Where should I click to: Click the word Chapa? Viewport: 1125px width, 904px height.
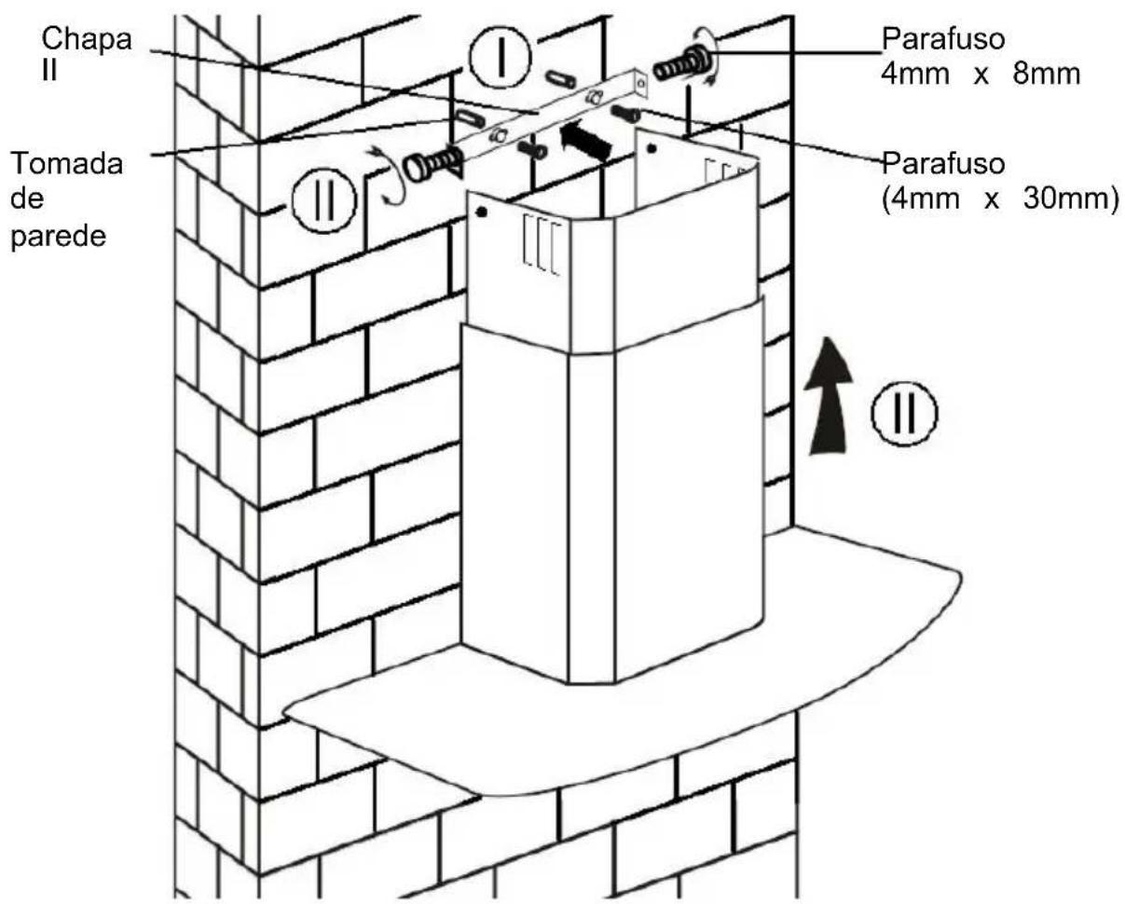pyautogui.click(x=87, y=41)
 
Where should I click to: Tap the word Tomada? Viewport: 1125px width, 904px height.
pyautogui.click(x=67, y=163)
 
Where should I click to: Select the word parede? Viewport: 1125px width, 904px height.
pyautogui.click(x=59, y=237)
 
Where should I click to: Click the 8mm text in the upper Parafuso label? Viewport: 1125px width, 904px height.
pyautogui.click(x=1046, y=74)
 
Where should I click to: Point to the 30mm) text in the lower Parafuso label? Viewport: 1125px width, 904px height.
pyautogui.click(x=1071, y=199)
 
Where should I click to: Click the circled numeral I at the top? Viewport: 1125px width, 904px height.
pyautogui.click(x=501, y=55)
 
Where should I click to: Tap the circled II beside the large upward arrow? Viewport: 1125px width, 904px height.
pyautogui.click(x=904, y=413)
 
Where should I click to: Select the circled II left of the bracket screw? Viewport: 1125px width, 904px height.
pyautogui.click(x=324, y=200)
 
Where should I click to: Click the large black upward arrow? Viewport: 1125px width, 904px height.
pyautogui.click(x=828, y=396)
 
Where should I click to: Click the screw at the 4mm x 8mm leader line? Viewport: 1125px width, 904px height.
pyautogui.click(x=681, y=65)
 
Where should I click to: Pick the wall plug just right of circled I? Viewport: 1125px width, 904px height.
pyautogui.click(x=561, y=79)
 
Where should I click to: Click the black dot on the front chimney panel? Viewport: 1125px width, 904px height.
pyautogui.click(x=482, y=212)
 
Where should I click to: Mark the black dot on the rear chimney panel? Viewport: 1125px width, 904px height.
pyautogui.click(x=651, y=149)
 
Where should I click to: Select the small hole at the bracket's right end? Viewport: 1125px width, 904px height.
pyautogui.click(x=641, y=82)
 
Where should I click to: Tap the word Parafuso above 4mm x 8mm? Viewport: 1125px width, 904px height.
pyautogui.click(x=943, y=40)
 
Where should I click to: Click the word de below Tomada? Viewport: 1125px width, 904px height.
pyautogui.click(x=27, y=199)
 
